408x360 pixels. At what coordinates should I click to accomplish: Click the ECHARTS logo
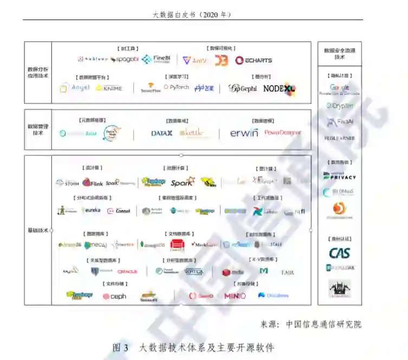tap(254, 60)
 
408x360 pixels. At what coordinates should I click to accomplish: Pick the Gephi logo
tap(242, 88)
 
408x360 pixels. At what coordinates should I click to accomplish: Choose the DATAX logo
tap(161, 133)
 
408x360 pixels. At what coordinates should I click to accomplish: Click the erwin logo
tap(244, 133)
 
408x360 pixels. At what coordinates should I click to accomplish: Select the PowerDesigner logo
tap(282, 133)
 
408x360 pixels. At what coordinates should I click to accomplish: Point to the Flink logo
tap(93, 183)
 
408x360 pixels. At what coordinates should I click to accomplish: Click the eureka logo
tap(91, 210)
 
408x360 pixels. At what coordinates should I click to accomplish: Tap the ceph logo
tap(114, 296)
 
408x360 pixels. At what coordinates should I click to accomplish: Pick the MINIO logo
tap(235, 296)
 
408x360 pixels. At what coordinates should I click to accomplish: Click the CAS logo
tap(340, 253)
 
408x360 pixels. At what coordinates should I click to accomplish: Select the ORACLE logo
tap(127, 271)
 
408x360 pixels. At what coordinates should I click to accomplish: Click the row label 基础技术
tap(37, 230)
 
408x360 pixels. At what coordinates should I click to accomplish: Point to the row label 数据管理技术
tap(37, 129)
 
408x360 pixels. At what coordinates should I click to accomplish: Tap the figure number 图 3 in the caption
tap(120, 347)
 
